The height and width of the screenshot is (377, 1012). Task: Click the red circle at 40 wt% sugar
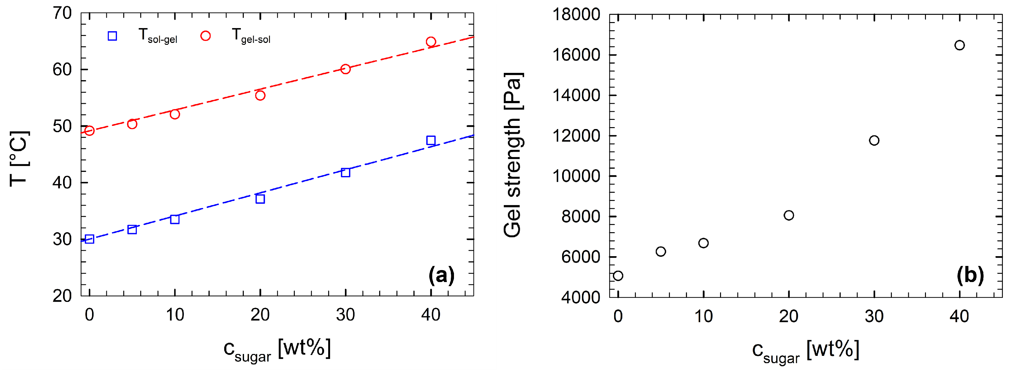[431, 42]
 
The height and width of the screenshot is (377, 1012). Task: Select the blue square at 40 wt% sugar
[431, 140]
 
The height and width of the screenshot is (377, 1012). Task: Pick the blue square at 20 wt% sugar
[260, 199]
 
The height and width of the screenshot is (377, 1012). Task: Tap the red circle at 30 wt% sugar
[345, 69]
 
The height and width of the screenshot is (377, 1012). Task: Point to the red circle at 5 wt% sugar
[132, 124]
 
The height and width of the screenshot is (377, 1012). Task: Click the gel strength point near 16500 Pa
[959, 45]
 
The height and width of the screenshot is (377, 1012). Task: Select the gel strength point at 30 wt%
[874, 140]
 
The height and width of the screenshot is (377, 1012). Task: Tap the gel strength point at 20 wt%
[789, 215]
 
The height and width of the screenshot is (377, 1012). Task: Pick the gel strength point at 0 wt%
[618, 276]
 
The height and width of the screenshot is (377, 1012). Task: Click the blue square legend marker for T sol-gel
[112, 36]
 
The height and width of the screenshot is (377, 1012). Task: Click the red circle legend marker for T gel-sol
[206, 36]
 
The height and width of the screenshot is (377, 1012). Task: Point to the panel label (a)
[441, 275]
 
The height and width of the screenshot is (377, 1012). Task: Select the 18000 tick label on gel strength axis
[576, 15]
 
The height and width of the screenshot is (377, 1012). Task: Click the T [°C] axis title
[19, 158]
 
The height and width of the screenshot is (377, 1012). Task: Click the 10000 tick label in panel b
[576, 176]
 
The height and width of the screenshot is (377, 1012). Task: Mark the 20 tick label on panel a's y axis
[62, 296]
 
